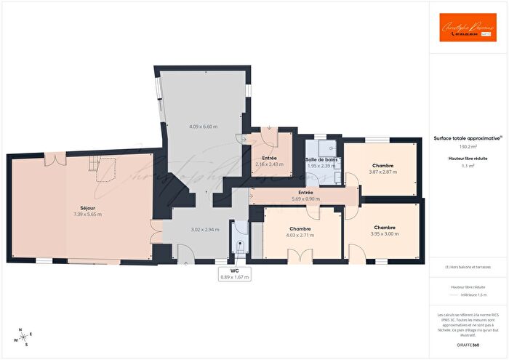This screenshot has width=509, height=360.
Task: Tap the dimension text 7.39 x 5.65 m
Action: coord(87,215)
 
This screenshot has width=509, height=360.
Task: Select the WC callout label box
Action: coord(235,273)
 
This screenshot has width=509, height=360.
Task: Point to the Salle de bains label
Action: coord(321,159)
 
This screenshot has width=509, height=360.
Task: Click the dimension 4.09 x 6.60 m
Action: coord(204,127)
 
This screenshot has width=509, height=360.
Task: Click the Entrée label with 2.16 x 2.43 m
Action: coord(268,158)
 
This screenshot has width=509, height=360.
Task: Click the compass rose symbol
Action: coord(21,337)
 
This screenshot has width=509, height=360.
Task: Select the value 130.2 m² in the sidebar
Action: coord(468,147)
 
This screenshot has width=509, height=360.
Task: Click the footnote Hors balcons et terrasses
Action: coord(468,268)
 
